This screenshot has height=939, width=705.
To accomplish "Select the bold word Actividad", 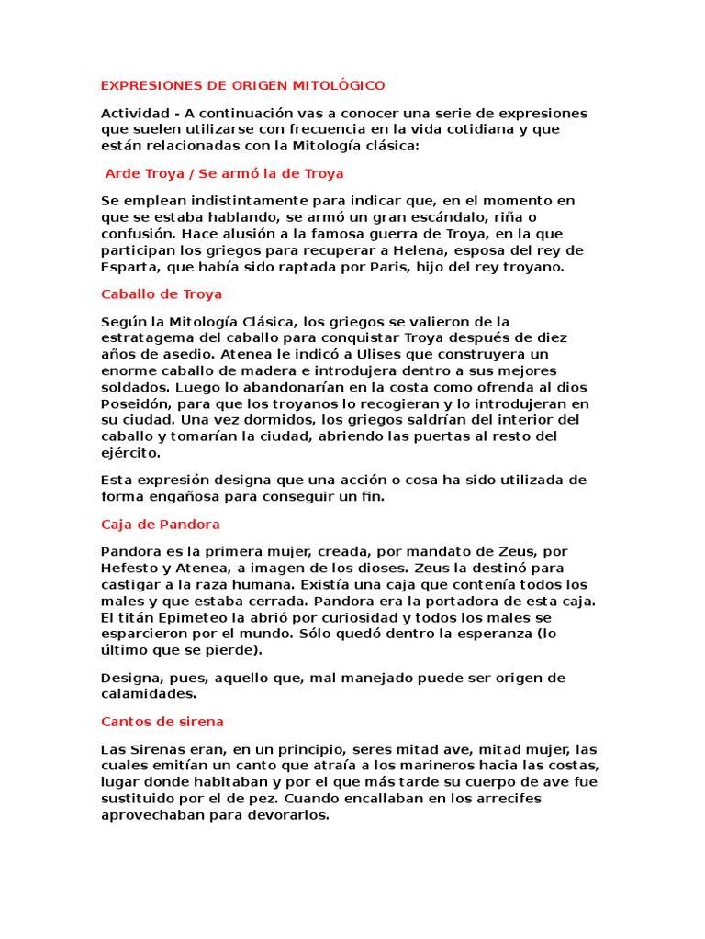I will (134, 113).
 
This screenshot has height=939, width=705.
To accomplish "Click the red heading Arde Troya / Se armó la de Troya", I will (225, 172).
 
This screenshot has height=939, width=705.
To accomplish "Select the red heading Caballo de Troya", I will (161, 294).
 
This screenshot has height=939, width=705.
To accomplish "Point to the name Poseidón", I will (135, 403).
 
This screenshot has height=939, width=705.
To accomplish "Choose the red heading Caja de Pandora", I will (160, 525).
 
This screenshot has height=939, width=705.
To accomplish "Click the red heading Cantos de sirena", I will (162, 722).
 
